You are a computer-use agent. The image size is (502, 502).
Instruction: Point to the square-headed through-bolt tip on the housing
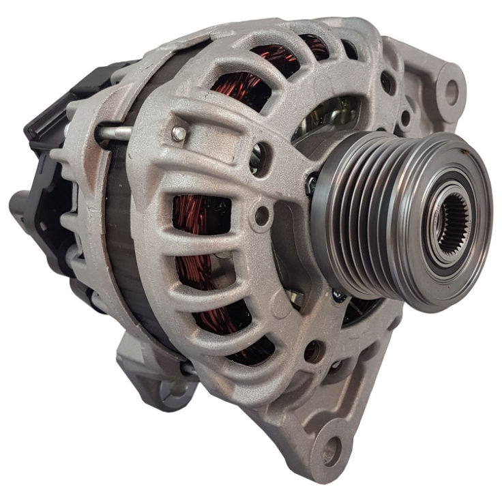pos(179,134)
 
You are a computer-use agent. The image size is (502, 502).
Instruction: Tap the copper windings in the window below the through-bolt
pos(194,218)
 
